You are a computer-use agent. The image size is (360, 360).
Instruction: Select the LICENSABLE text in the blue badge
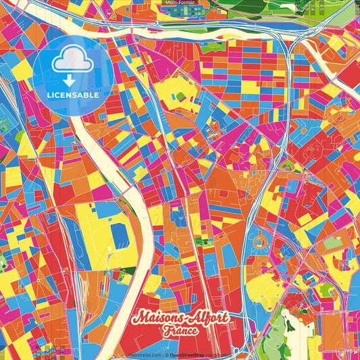tap(73, 95)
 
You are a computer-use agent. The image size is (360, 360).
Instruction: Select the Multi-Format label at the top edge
tap(180, 3)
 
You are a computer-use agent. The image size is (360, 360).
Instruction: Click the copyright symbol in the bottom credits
tap(165, 355)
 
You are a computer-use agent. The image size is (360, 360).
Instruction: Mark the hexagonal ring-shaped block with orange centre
tap(259, 244)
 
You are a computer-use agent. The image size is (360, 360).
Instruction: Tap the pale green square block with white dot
tap(331, 242)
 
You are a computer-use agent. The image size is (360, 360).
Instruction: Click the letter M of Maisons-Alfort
tap(140, 317)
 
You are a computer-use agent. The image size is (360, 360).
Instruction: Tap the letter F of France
tap(166, 332)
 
